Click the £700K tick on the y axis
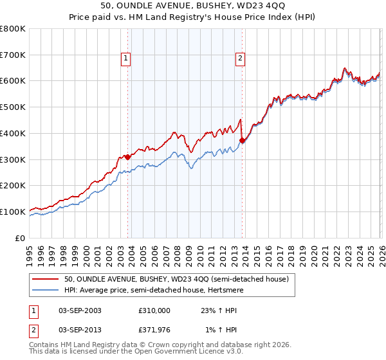click(x=13, y=55)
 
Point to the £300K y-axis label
click(x=13, y=159)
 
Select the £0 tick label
click(x=19, y=238)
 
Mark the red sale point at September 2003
click(x=127, y=156)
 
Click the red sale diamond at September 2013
click(x=241, y=140)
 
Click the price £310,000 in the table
click(x=154, y=310)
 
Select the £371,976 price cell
click(x=154, y=330)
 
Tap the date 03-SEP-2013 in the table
click(x=80, y=330)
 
